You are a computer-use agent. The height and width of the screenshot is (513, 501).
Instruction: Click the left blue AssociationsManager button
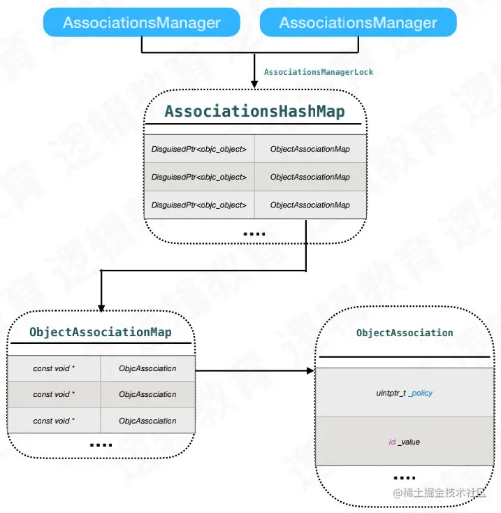click(x=141, y=22)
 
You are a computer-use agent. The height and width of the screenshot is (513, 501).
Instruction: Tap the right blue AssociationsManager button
click(x=358, y=22)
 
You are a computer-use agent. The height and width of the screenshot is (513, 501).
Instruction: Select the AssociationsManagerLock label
click(x=318, y=72)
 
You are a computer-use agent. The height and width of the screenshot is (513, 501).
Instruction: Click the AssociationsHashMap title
click(x=254, y=112)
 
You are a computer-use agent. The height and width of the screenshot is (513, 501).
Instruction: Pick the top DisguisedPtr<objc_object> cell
click(x=199, y=149)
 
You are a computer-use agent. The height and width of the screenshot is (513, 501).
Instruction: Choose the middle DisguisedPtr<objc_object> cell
click(x=199, y=177)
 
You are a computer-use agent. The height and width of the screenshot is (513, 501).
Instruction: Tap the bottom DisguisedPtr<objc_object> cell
click(x=199, y=205)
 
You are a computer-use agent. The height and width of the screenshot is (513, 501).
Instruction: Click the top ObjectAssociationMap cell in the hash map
click(x=310, y=149)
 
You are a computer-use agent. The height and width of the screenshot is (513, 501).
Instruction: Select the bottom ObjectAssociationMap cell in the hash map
click(x=310, y=205)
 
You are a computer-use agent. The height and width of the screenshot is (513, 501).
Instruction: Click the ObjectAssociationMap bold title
click(x=101, y=332)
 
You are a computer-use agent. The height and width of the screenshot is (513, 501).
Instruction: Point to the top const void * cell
click(x=54, y=368)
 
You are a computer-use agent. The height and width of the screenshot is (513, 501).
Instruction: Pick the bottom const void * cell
click(x=54, y=421)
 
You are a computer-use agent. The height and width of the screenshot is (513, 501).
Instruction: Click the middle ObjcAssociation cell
click(x=147, y=394)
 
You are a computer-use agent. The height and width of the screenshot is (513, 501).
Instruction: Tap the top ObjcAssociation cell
click(x=147, y=368)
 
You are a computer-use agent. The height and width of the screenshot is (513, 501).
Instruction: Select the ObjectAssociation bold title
click(x=405, y=333)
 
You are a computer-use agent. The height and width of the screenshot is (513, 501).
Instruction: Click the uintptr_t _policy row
click(x=404, y=393)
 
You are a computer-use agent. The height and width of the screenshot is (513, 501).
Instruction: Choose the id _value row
click(x=404, y=442)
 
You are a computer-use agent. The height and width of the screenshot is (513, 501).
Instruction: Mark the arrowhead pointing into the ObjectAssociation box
click(x=311, y=371)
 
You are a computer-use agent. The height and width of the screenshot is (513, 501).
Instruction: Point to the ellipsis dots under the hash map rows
click(x=254, y=233)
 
